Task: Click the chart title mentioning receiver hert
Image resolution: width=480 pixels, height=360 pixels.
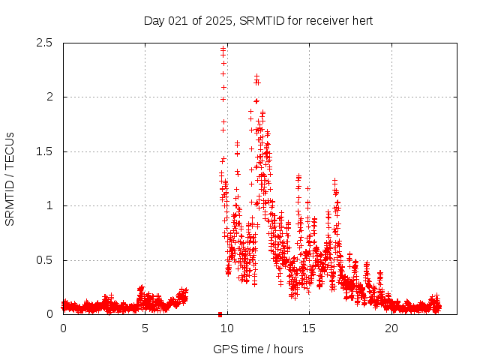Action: coord(258,20)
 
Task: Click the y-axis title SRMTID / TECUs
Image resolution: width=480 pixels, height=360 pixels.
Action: coord(10,178)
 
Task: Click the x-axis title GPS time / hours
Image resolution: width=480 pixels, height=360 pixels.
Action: coord(258,349)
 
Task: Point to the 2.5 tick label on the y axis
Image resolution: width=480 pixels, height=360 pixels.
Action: coord(46,43)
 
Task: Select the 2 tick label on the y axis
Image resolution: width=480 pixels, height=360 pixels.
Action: coord(49,97)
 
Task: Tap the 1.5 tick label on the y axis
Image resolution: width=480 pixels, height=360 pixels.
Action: coord(46,151)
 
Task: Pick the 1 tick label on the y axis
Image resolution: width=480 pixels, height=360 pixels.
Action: coord(49,205)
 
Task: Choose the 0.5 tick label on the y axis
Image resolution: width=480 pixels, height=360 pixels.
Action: coord(46,260)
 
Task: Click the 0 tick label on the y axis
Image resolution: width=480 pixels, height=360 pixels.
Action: coord(49,314)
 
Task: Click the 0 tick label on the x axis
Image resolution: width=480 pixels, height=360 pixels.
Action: coord(63,328)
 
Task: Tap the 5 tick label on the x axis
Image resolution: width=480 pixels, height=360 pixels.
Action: coord(145,328)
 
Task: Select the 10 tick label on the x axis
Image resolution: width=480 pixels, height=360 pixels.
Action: coord(226,328)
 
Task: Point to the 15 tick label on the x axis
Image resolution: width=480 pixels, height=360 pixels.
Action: coord(309,328)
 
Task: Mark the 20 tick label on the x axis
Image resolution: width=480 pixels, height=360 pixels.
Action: coord(391,328)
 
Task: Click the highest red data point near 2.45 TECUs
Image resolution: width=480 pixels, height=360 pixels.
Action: coord(223,49)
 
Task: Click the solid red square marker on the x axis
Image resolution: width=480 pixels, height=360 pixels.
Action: coord(220,314)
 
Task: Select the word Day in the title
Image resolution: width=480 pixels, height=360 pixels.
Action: coord(153,20)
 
